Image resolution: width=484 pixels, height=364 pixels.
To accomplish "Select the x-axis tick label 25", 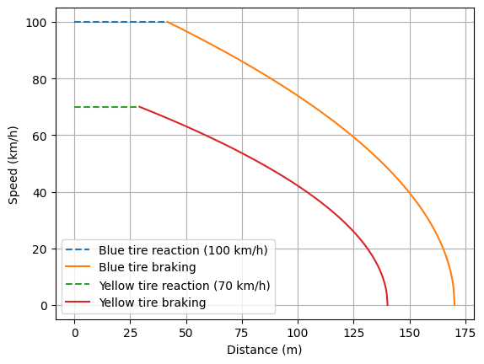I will click(131, 333).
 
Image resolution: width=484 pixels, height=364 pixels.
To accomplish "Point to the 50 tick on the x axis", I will click(186, 333).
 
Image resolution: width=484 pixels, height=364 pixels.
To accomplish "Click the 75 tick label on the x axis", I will click(242, 333).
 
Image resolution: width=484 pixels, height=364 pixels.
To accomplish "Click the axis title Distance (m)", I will click(264, 349).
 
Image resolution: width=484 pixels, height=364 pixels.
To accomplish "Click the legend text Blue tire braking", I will click(149, 268).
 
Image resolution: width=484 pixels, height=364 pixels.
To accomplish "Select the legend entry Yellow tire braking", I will click(153, 302).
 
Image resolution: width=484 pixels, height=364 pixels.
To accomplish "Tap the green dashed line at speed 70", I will click(105, 107).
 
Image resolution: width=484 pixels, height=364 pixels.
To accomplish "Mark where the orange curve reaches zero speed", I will click(454, 304).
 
